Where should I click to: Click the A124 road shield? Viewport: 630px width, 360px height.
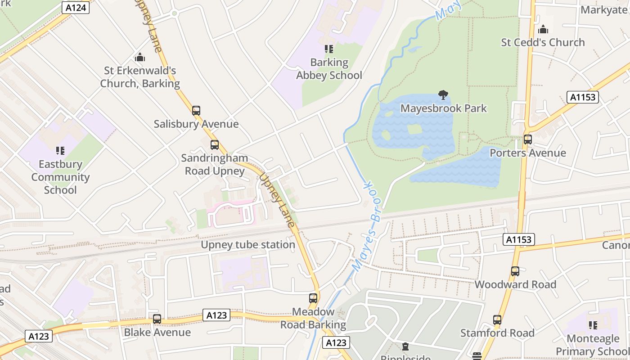point(75,7)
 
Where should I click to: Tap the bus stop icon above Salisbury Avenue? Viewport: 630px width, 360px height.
point(196,110)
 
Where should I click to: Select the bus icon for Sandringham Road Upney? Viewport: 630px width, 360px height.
point(215,145)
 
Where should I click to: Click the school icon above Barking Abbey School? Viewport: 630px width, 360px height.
point(329,49)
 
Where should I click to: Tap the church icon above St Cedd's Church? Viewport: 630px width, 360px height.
point(543,30)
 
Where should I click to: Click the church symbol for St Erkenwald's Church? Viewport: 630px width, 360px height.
point(140,58)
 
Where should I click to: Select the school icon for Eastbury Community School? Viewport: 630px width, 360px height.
point(60,151)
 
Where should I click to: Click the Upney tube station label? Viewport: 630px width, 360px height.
point(248,245)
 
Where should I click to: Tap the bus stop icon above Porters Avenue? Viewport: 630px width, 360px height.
point(528,139)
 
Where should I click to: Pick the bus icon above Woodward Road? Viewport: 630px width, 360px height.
point(515,271)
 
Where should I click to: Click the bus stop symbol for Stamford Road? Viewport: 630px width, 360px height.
point(497,320)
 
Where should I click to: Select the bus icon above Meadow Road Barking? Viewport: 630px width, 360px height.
point(313,298)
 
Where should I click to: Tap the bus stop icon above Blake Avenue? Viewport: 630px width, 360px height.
point(157,319)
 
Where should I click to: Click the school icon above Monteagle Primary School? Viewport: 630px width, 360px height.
point(593,325)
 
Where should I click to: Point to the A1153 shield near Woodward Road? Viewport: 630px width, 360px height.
point(519,239)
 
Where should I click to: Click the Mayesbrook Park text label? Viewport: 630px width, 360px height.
point(444,108)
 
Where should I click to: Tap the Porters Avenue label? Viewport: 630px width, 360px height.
point(528,153)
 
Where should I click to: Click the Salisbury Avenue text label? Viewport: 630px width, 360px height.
point(196,124)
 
